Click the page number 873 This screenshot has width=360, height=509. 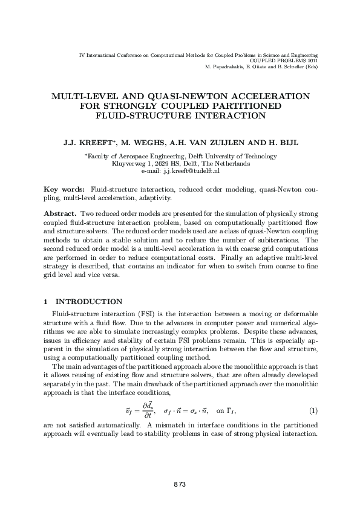(x=179, y=484)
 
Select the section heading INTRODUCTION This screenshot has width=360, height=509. (x=89, y=302)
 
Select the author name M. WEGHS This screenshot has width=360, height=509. (x=143, y=143)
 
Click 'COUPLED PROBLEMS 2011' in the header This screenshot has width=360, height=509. (x=284, y=61)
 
